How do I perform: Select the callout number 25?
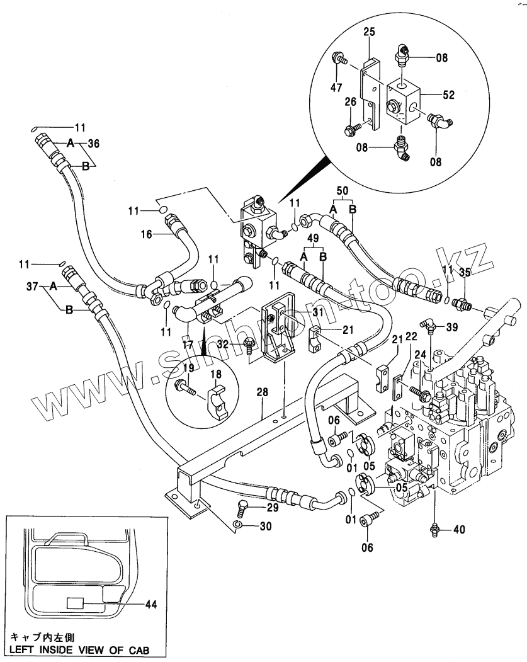369,31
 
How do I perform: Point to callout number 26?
351,101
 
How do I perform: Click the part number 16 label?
146,234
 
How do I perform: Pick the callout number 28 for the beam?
263,392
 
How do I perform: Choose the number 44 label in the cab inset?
150,605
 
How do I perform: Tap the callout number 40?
459,530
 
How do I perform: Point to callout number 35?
465,272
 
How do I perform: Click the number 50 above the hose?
342,190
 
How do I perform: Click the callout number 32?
222,344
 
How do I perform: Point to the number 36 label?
93,143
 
